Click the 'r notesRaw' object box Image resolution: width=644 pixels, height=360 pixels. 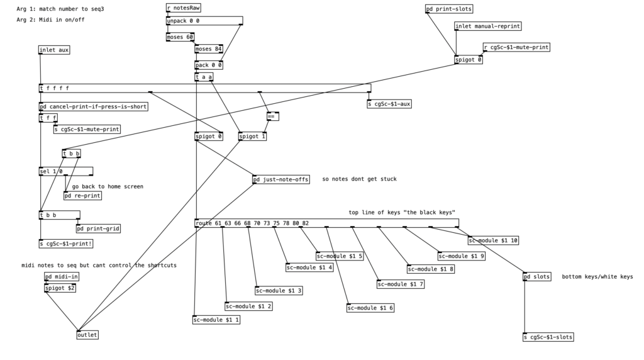tap(184, 8)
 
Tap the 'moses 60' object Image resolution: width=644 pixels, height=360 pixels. tap(180, 37)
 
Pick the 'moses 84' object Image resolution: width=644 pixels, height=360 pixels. tap(209, 49)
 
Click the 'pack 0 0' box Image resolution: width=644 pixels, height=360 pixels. tap(209, 65)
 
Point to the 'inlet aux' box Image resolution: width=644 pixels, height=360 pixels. tap(54, 50)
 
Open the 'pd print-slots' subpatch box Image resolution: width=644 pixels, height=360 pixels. tap(449, 9)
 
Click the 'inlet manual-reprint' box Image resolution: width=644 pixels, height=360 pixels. tap(488, 26)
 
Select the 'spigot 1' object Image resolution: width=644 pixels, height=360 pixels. tap(252, 137)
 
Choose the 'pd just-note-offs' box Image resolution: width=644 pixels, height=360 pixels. tap(281, 179)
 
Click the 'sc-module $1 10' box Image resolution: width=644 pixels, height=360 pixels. tap(494, 240)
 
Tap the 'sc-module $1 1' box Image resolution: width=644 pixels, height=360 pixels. tap(216, 320)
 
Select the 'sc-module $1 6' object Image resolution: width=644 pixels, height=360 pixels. tap(370, 308)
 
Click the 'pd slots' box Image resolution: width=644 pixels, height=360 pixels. tap(536, 276)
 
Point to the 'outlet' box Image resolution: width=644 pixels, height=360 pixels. tap(87, 335)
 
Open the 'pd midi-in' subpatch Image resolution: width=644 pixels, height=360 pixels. tap(62, 276)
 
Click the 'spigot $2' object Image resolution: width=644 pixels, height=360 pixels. tap(60, 288)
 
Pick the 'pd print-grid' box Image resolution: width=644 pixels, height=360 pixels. tap(98, 228)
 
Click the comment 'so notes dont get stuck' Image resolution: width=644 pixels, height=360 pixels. tap(359, 179)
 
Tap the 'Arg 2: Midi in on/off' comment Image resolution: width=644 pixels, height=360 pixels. tap(50, 20)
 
